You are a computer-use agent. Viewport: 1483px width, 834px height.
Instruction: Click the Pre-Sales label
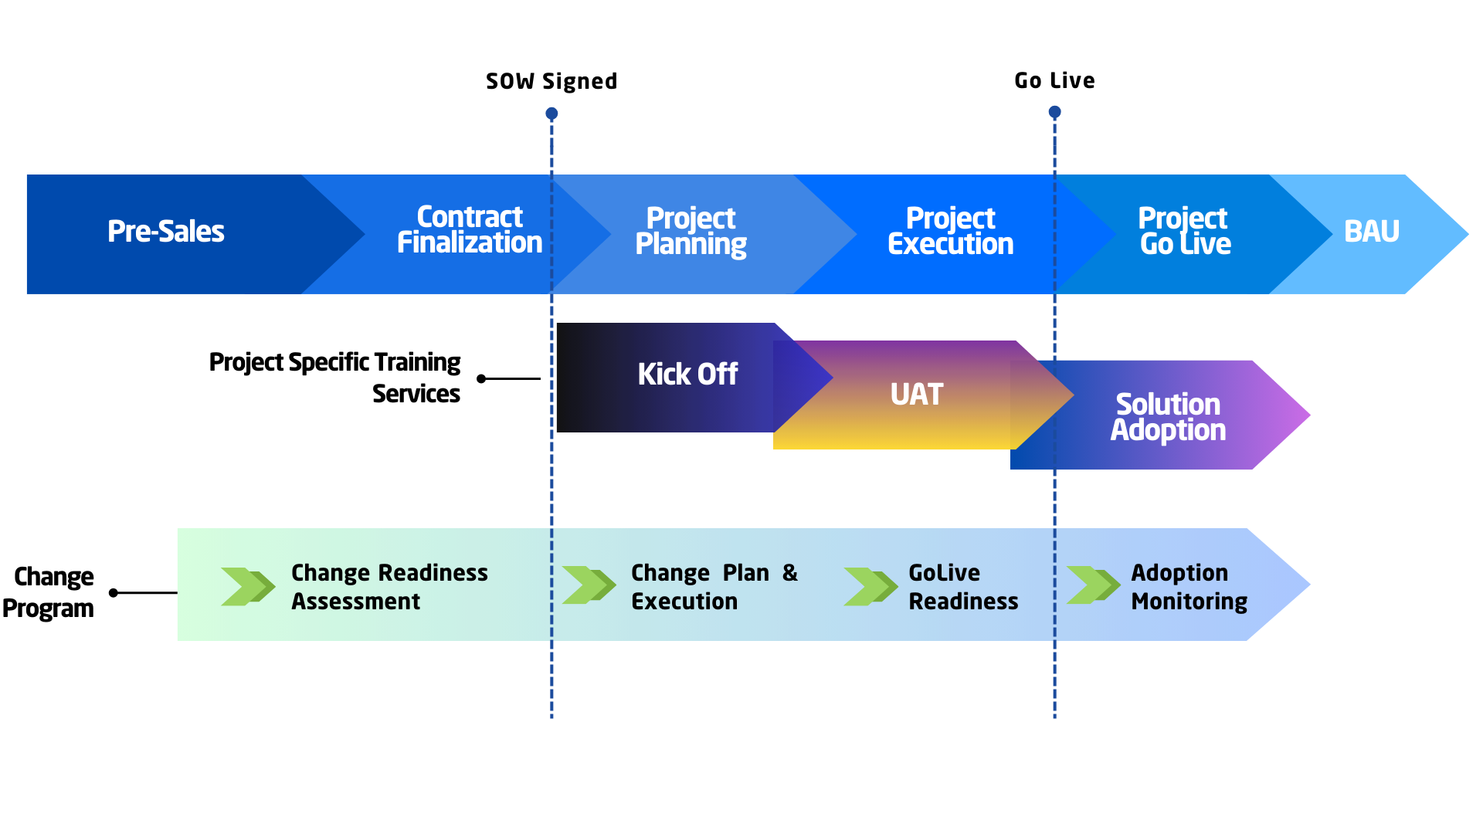click(x=166, y=232)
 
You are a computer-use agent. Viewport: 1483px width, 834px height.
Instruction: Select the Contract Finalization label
click(x=470, y=230)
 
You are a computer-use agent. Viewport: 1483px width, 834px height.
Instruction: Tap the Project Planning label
click(x=691, y=232)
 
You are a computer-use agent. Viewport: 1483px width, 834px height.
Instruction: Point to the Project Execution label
click(x=950, y=232)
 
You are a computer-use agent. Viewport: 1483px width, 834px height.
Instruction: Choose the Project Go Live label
click(x=1184, y=232)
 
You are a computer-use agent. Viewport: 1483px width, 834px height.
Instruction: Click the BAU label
click(x=1371, y=232)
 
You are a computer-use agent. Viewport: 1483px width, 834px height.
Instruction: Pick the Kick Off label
click(x=687, y=375)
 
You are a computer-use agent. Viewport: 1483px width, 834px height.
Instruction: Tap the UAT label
click(x=917, y=395)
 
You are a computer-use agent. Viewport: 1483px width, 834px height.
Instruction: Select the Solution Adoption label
click(x=1168, y=417)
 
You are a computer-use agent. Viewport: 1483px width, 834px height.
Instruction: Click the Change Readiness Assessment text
click(x=389, y=587)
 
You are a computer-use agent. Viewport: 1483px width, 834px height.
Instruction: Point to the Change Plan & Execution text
click(x=714, y=587)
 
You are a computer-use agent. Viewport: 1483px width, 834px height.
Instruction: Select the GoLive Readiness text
click(x=963, y=587)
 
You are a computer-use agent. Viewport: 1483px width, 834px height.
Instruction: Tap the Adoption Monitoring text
click(x=1189, y=587)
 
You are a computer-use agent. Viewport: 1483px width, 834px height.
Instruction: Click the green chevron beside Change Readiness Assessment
click(x=248, y=587)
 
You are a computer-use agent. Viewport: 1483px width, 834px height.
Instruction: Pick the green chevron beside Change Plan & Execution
click(x=589, y=585)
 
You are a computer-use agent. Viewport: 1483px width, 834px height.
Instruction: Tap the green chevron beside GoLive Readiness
click(x=870, y=587)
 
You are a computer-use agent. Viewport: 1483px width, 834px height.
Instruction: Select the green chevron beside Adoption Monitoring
click(x=1093, y=585)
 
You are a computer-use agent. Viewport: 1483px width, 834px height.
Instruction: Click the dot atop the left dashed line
click(x=551, y=114)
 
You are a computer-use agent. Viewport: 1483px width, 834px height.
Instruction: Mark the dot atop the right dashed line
click(x=1054, y=112)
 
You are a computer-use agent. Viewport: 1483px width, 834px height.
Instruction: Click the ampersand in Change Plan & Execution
click(x=789, y=573)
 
